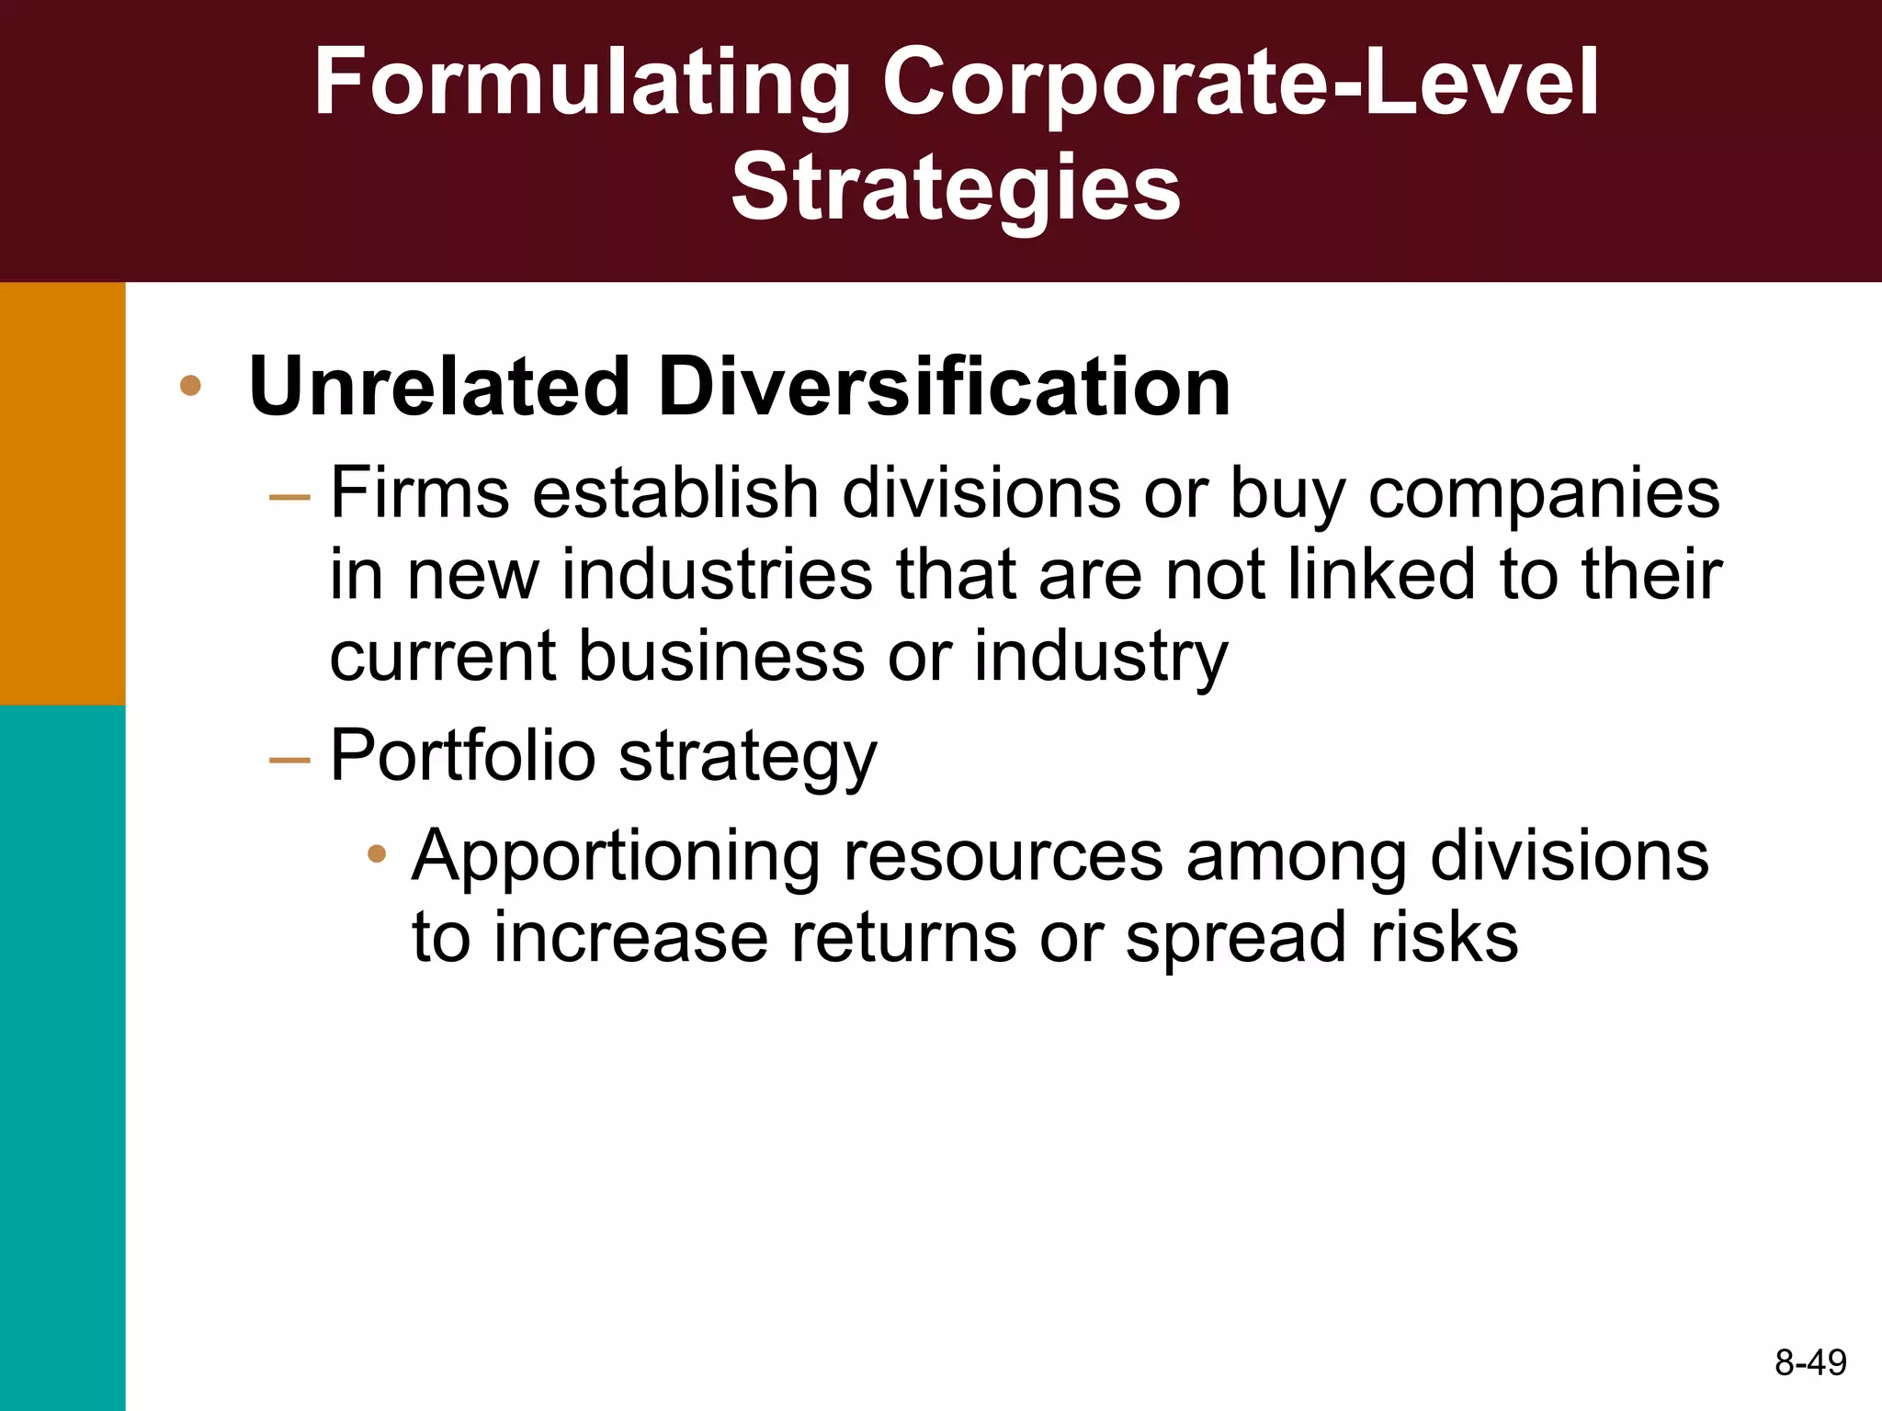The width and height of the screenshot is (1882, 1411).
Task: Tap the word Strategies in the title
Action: tap(956, 188)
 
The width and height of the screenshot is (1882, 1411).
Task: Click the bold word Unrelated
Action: tap(439, 387)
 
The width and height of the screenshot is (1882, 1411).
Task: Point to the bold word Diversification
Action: tap(944, 387)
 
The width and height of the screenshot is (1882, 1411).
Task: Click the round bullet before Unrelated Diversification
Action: tap(190, 386)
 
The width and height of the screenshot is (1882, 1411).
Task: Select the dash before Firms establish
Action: tap(289, 497)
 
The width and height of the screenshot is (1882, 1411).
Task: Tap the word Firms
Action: tap(419, 493)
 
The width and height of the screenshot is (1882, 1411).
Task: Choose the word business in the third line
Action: tap(721, 656)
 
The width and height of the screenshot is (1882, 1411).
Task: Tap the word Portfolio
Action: tap(463, 756)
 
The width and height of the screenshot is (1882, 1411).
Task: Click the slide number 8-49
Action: tap(1810, 1362)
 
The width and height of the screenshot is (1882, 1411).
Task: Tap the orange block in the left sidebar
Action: tap(62, 493)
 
